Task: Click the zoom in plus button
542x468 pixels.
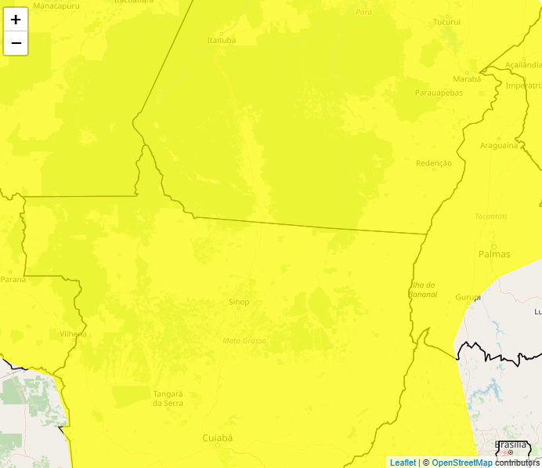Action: (16, 20)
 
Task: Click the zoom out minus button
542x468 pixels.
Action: (16, 43)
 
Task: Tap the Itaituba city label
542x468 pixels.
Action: (221, 40)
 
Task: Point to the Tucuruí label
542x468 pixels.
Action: (447, 22)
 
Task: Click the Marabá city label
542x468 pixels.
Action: (467, 79)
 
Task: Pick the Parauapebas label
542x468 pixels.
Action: (439, 93)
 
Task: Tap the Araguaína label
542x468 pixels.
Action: (499, 146)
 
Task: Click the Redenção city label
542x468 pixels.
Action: (434, 163)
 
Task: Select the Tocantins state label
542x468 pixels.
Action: (491, 216)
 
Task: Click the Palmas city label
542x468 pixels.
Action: (494, 254)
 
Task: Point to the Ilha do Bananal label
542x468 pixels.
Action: (423, 290)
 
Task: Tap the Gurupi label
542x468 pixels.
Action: (468, 298)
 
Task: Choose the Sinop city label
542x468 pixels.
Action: (239, 302)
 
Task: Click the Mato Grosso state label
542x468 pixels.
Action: (244, 341)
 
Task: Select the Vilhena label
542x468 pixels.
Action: (74, 333)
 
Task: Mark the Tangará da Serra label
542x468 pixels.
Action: (168, 398)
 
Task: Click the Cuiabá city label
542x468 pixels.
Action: (218, 437)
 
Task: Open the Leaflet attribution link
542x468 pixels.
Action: (403, 463)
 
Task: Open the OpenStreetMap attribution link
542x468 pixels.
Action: (462, 463)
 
